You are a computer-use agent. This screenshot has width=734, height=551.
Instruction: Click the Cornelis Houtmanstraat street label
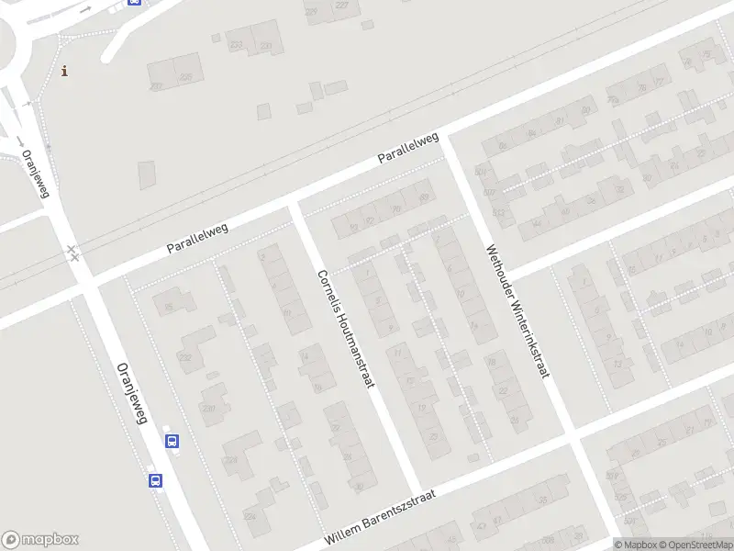pos(346,328)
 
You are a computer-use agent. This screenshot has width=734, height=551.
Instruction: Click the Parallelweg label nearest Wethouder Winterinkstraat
pos(408,149)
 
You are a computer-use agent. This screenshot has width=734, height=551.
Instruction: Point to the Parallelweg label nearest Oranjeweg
pos(197,237)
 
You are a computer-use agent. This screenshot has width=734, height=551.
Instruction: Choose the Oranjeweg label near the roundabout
pos(34,174)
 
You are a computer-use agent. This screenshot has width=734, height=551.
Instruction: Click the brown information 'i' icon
pos(64,71)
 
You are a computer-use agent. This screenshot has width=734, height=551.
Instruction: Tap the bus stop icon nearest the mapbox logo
pos(155,479)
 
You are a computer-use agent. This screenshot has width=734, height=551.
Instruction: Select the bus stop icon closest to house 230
pos(172,441)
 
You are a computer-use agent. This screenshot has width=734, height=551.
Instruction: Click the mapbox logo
pos(40,539)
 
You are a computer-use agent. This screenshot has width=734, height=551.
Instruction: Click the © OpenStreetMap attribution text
pos(699,544)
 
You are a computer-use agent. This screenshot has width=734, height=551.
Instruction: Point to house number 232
pos(186,358)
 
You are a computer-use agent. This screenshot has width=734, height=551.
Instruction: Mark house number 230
pos(209,409)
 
